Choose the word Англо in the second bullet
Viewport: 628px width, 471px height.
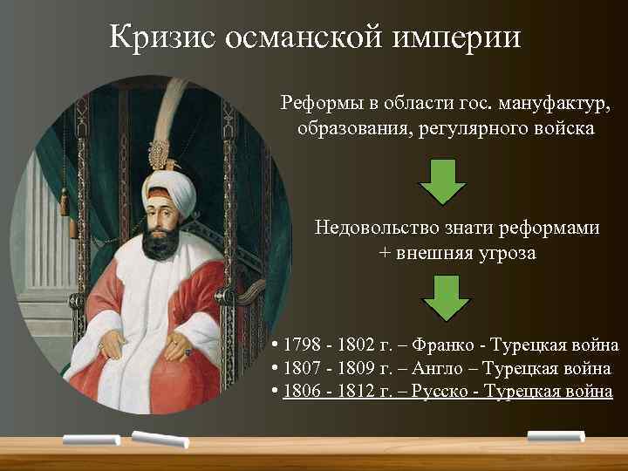pos(441,369)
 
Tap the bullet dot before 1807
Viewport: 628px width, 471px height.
pos(275,369)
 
